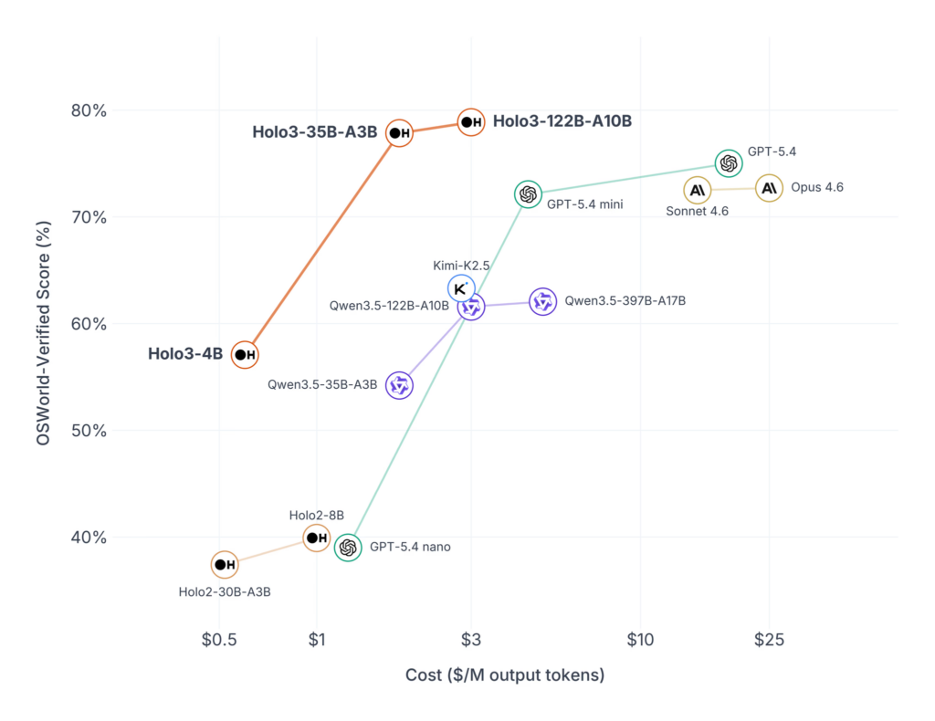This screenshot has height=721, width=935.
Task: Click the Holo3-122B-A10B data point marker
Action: point(471,121)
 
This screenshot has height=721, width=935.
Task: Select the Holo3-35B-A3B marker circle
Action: point(400,133)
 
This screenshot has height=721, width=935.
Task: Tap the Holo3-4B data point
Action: point(245,354)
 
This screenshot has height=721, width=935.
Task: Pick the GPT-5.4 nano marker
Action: point(348,548)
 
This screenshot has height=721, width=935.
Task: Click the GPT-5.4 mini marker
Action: point(527,193)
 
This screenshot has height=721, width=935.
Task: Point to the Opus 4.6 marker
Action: point(769,188)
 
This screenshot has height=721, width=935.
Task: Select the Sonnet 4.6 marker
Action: point(698,190)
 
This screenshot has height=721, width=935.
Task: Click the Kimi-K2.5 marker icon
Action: point(461,287)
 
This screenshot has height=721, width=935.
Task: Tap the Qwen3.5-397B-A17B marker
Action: point(543,301)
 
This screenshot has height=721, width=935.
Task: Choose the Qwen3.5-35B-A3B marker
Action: point(399,385)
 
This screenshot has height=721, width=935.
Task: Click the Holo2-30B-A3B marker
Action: point(225,565)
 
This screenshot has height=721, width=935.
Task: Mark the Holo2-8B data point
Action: point(316,538)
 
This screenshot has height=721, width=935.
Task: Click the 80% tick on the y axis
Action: point(89,110)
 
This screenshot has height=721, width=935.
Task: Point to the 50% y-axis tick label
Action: point(89,431)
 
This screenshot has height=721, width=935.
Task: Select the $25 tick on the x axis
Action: point(769,640)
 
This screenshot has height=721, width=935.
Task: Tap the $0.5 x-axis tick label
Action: point(219,640)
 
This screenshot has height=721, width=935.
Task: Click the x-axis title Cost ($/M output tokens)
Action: point(504,675)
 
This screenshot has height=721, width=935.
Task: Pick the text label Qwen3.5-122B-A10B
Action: point(389,307)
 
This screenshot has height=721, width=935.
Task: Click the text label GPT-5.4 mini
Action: point(584,204)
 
